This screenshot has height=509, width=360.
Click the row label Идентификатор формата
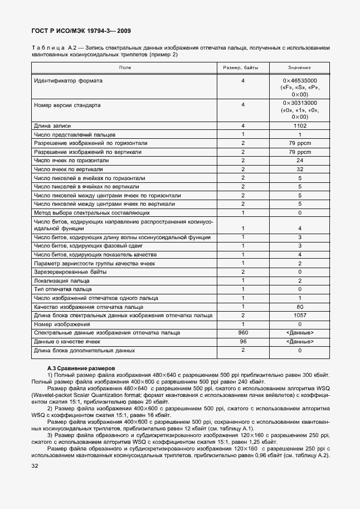coord(69,81)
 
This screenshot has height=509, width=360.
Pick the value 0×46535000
coord(299,81)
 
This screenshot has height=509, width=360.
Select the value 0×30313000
coord(299,103)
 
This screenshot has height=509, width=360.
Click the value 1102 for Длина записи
coord(299,126)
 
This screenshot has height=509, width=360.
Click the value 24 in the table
coord(299,161)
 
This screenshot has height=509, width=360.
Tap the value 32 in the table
coord(299,169)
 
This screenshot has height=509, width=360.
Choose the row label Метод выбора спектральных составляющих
coord(91,212)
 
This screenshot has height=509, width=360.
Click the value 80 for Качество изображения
coord(299,307)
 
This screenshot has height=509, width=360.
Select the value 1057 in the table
coord(299,316)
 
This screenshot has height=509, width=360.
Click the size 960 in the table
coord(243,333)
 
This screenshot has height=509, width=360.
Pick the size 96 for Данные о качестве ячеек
coord(243,341)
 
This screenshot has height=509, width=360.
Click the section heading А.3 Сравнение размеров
coord(81,369)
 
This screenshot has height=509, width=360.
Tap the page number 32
coord(35,466)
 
